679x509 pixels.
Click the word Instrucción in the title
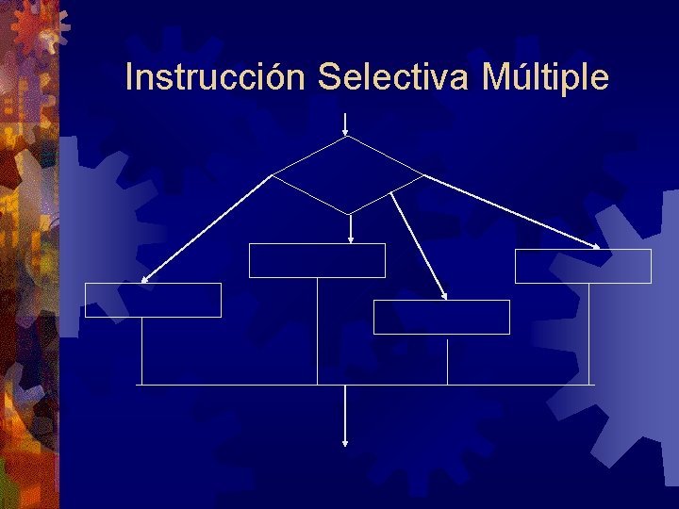[x=215, y=77]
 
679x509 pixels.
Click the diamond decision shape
[x=348, y=175]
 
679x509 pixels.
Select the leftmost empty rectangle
[x=153, y=300]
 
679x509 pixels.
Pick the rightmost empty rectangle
[x=583, y=266]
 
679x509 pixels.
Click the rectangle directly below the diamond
[x=317, y=260]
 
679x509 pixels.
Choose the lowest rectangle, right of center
[x=441, y=317]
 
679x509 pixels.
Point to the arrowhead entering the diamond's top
[x=346, y=131]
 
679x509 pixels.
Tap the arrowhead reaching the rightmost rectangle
[x=597, y=248]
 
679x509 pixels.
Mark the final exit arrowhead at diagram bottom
[x=345, y=441]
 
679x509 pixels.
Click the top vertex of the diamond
[x=347, y=137]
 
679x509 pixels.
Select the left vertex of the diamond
[x=273, y=175]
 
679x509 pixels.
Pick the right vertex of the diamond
[x=423, y=175]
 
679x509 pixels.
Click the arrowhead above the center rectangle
[x=351, y=238]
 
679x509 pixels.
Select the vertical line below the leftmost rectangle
[x=141, y=351]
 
